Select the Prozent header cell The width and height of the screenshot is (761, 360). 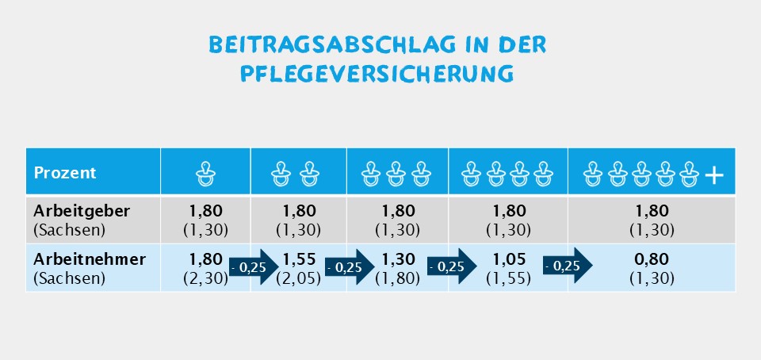click(65, 172)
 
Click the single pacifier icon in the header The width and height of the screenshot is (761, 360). click(206, 172)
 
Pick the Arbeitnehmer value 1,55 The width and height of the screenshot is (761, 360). click(300, 259)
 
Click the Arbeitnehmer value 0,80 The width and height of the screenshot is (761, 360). click(651, 259)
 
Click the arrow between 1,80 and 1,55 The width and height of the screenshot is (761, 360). click(253, 267)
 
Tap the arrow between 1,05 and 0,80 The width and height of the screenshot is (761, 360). click(568, 266)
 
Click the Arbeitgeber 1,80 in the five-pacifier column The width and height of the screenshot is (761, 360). click(651, 212)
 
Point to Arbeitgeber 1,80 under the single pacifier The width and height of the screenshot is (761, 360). click(206, 212)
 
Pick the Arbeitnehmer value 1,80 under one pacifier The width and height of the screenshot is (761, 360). click(206, 259)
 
